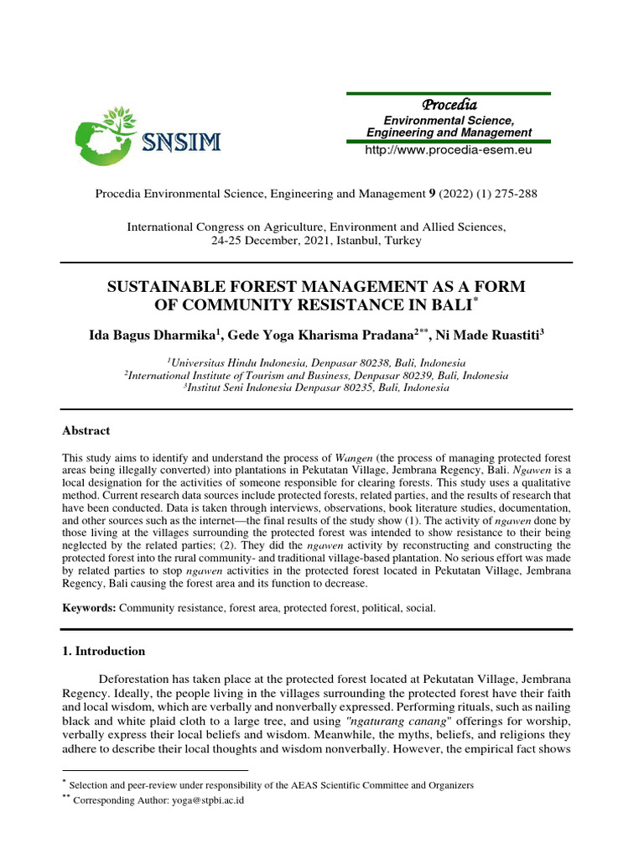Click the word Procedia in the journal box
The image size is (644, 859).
click(449, 105)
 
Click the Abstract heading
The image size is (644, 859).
click(86, 430)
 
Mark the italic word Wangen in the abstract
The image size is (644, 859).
click(352, 459)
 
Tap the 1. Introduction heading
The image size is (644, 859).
click(104, 651)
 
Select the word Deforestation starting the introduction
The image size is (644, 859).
click(139, 679)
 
